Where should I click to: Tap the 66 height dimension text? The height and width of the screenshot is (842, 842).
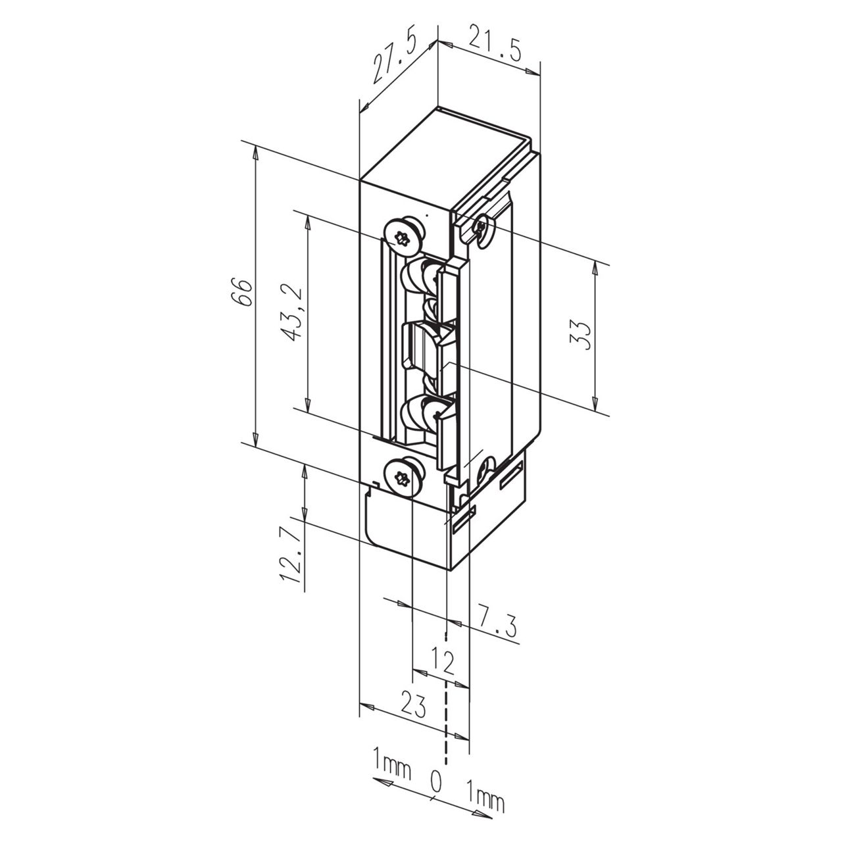click(241, 291)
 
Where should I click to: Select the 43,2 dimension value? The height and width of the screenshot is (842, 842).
click(293, 313)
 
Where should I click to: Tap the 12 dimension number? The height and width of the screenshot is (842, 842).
click(445, 664)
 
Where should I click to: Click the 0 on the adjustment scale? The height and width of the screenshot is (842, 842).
click(435, 781)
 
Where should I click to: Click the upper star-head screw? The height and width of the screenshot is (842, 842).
click(403, 236)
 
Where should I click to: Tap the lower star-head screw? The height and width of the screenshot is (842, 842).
click(403, 475)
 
